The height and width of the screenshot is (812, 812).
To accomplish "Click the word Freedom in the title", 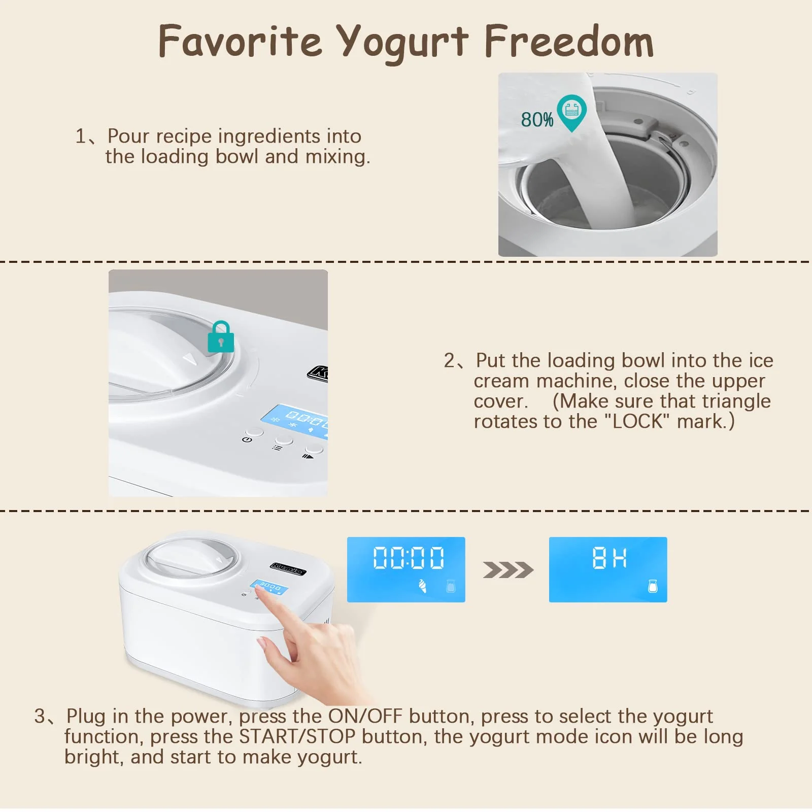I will point(569,42).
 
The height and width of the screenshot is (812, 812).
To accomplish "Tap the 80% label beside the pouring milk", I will point(536,120).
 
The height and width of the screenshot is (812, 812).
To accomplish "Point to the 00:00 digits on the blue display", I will point(409,558).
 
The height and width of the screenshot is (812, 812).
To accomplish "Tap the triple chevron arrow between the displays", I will point(507,570).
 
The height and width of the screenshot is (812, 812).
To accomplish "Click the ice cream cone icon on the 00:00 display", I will point(422,586).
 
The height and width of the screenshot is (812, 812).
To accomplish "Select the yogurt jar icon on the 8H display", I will point(653,586).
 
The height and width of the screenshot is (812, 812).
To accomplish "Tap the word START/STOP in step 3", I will point(297,736).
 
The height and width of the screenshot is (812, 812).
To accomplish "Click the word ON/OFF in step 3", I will point(365,716).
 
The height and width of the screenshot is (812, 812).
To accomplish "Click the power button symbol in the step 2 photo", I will point(247,439).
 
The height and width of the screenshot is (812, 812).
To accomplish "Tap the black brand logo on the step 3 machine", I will point(288,568).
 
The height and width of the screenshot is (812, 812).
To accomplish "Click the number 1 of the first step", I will point(81,136).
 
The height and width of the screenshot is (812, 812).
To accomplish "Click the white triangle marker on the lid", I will point(190,359).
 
